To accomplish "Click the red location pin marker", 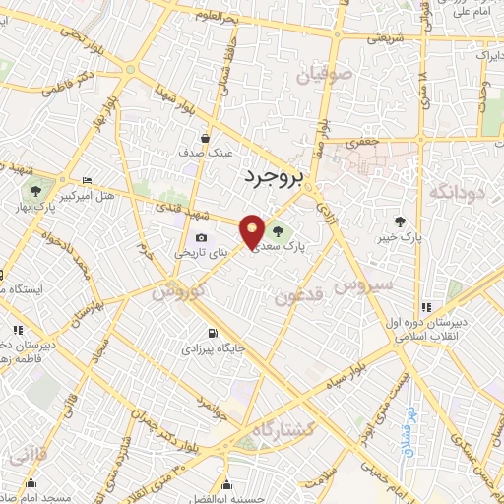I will coord(253,230).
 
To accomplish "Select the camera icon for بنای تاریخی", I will coord(202,237).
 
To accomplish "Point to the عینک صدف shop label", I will coord(205,154).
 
